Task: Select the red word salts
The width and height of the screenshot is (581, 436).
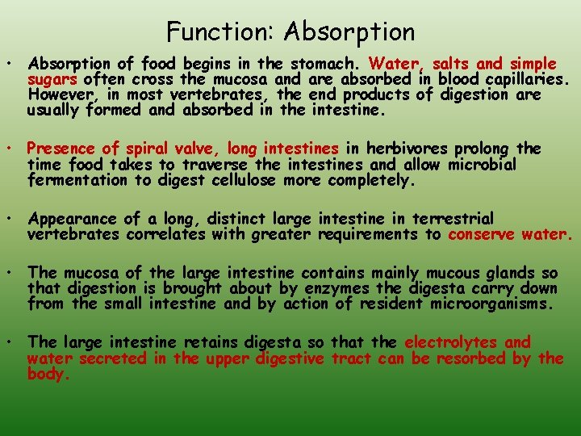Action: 453,64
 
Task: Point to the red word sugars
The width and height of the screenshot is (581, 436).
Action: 52,79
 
